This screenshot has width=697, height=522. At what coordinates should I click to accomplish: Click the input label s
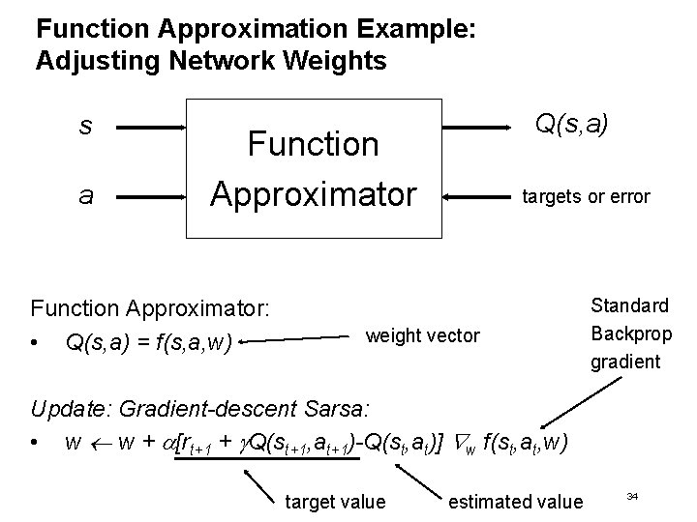point(85,127)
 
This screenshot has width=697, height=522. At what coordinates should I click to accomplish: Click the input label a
point(86,196)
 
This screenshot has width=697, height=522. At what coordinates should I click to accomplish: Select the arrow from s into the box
point(155,127)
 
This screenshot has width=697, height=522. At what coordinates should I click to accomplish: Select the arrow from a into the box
point(155,196)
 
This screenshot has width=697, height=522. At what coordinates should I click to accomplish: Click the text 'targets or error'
point(586,197)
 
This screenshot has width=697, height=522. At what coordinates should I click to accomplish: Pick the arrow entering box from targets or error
point(478,197)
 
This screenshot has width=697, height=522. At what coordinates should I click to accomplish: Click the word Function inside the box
point(313,145)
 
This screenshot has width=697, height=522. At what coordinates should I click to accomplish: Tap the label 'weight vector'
point(421,335)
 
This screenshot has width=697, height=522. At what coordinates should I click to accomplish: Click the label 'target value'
point(334,501)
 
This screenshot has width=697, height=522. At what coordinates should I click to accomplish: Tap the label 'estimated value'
point(516,501)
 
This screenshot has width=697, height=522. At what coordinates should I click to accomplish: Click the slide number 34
point(632,496)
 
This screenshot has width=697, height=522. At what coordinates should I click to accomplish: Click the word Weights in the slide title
point(330,61)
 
